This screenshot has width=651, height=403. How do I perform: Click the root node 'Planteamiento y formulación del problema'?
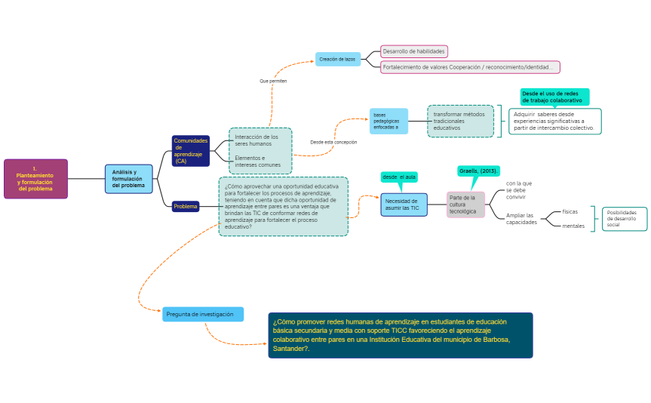[x=35, y=179]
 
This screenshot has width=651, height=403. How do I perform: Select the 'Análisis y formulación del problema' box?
[x=128, y=179]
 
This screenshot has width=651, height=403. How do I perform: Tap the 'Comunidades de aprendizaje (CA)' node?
[x=190, y=151]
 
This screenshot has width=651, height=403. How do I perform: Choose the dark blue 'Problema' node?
[x=186, y=206]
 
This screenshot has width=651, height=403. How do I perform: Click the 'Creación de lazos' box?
[x=337, y=59]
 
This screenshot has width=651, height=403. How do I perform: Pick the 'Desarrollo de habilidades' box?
[x=413, y=51]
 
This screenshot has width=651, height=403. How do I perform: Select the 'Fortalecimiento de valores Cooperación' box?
[x=470, y=67]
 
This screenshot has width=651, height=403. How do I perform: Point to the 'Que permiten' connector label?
[x=273, y=81]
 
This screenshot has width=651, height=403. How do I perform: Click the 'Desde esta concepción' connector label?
[x=333, y=142]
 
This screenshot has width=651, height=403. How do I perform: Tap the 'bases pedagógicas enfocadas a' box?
[x=388, y=121]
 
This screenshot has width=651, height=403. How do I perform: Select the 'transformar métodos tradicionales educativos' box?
[x=460, y=121]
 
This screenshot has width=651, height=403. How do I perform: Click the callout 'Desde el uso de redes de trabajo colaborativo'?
[x=554, y=97]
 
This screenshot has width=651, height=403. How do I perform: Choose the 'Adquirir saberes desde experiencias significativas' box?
[x=554, y=121]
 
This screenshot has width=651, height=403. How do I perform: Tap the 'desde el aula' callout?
[x=399, y=177]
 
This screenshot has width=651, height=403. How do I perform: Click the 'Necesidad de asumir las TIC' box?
[x=404, y=205]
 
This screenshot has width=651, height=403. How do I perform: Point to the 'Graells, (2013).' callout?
[x=479, y=171]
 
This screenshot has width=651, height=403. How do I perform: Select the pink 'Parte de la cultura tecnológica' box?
[x=465, y=205]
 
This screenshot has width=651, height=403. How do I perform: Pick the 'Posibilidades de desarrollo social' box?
[x=624, y=219]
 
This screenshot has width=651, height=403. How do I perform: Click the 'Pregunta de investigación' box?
[x=202, y=314]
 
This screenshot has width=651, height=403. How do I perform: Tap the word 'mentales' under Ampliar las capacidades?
[x=573, y=226]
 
